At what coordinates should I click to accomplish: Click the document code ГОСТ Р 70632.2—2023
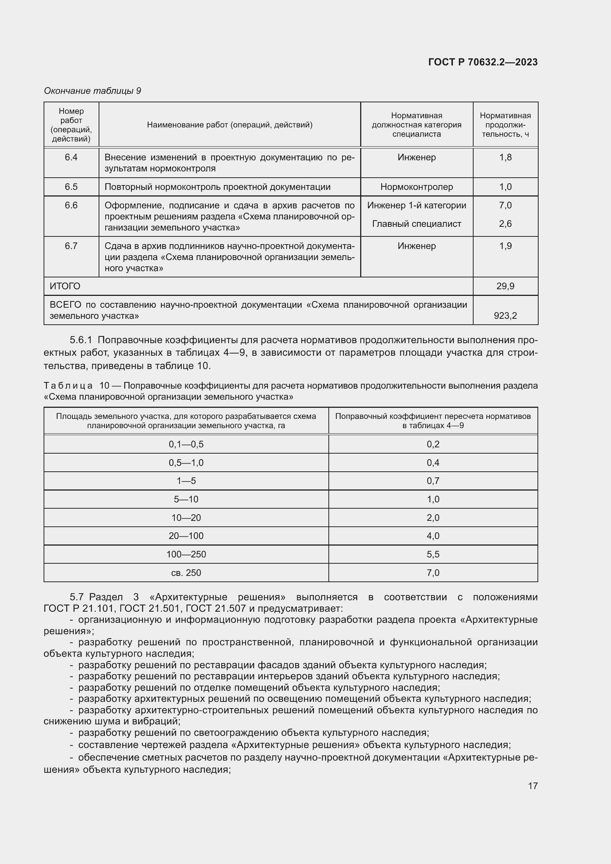pos(483,62)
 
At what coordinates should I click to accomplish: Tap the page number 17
pos(532,786)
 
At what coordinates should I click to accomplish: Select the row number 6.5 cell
pos(71,187)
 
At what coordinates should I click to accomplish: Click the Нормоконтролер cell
pos(416,187)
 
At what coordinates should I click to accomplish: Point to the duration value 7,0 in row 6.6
pos(505,205)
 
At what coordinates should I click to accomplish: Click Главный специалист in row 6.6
pos(416,223)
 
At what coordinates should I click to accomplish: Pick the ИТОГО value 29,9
pos(505,286)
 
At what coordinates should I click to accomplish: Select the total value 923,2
pos(505,315)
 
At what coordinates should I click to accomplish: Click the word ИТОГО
pos(65,286)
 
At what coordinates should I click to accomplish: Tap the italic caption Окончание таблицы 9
pos(93,91)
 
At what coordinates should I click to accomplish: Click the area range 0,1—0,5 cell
pos(186,444)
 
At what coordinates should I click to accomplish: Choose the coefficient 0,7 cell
pos(433,481)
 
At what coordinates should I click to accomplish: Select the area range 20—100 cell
pos(186,536)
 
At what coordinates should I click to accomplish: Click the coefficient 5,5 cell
pos(433,554)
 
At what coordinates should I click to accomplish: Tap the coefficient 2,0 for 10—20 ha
pos(433,518)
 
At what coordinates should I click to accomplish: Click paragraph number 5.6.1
pos(81,340)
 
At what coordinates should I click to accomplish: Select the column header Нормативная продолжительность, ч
pos(505,124)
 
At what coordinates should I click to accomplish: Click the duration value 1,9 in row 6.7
pos(505,246)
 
